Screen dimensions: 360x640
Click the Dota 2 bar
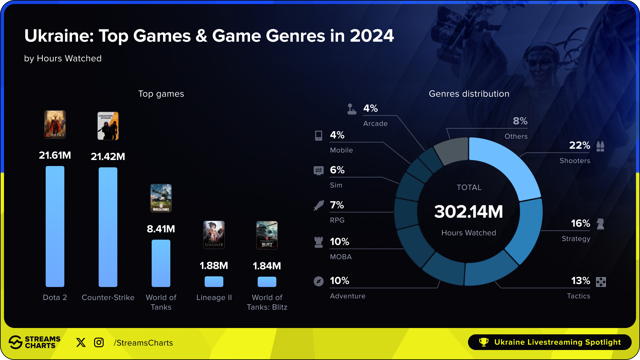55,226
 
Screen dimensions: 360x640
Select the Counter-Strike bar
108,227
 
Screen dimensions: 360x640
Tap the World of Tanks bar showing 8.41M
161,263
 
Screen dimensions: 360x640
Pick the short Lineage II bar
214,282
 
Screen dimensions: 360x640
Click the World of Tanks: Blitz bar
267,282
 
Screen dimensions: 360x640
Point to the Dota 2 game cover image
55,124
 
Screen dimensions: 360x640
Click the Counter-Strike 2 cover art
108,126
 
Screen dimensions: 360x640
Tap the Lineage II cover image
214,235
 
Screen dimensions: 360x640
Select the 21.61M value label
55,155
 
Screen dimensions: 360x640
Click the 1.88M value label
214,266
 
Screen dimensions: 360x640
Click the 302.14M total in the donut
469,212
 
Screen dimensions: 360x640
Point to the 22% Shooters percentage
579,145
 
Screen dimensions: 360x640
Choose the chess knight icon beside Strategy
601,224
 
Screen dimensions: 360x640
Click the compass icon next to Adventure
319,281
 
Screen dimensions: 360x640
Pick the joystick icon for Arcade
352,109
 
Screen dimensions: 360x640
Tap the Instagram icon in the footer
99,342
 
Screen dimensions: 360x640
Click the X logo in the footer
81,342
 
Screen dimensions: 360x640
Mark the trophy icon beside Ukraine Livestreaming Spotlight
484,342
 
